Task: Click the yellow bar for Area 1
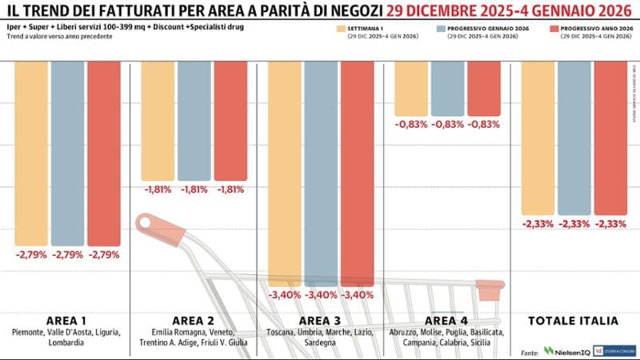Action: [x=31, y=152]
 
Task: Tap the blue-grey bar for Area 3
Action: [x=321, y=172]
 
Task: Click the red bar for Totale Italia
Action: [x=611, y=136]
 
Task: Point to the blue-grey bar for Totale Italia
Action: [x=574, y=136]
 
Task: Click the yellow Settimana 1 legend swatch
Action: [x=342, y=29]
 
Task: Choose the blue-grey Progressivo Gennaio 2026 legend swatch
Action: [x=440, y=29]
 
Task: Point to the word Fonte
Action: [x=529, y=350]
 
